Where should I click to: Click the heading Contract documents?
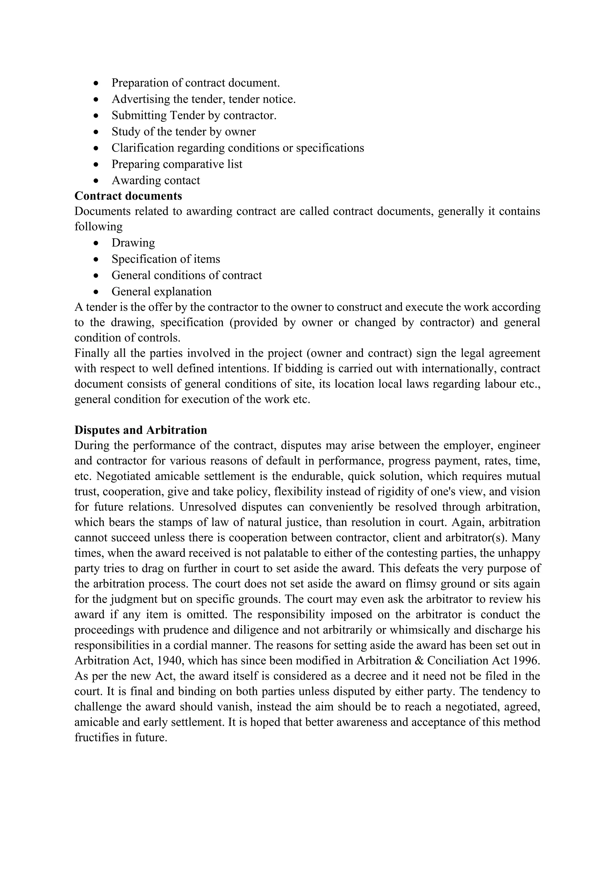[x=128, y=196]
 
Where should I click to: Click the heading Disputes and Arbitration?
[x=141, y=430]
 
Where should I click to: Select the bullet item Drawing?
[x=133, y=243]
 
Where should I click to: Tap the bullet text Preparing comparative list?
[x=177, y=164]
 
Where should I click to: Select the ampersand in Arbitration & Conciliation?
[x=418, y=661]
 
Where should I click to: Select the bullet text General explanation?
[x=161, y=292]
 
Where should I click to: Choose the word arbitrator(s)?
[x=477, y=538]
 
